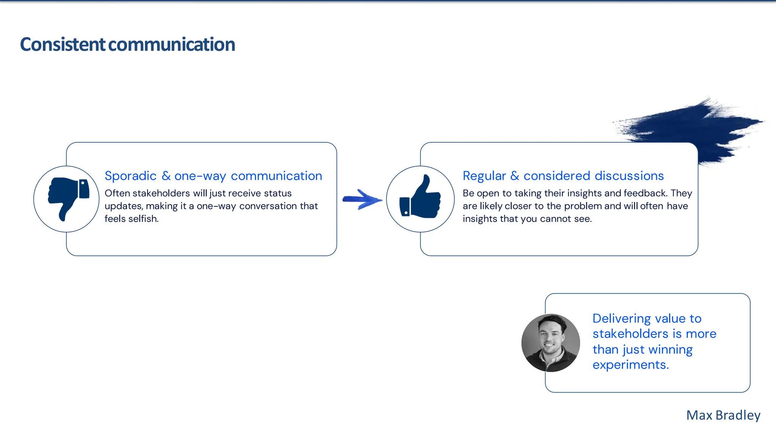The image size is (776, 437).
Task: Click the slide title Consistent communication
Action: tap(127, 44)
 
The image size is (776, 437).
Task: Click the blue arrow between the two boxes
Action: tap(362, 199)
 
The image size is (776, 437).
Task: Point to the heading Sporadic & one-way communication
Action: tap(213, 176)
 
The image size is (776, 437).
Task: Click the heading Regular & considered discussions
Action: tap(563, 176)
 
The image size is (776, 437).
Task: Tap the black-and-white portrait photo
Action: tap(551, 343)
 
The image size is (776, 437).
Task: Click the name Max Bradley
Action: tap(723, 415)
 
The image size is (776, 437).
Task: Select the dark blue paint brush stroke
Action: tap(693, 125)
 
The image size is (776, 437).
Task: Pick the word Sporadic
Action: tap(130, 176)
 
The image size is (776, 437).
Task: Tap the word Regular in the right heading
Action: tap(484, 176)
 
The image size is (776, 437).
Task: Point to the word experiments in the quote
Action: tap(630, 365)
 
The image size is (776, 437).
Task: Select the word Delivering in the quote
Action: tap(622, 319)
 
